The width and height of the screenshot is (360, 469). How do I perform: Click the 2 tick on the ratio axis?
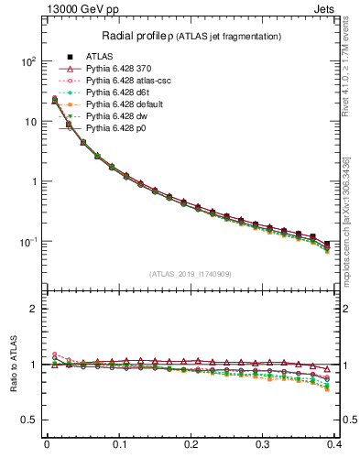35,309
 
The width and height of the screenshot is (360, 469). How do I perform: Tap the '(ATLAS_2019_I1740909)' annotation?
191,274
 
